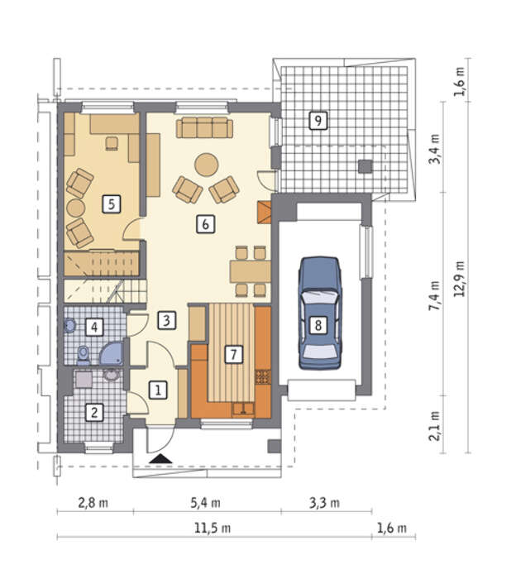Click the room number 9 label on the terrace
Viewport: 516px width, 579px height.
tap(318, 121)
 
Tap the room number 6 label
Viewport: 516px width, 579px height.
tap(206, 224)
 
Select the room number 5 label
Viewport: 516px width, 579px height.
tap(112, 203)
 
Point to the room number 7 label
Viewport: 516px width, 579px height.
tap(234, 355)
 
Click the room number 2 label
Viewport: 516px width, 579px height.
tap(94, 412)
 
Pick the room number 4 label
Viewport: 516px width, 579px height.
tap(94, 327)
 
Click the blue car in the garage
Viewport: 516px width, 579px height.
tap(319, 313)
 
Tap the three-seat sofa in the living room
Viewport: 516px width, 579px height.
tap(204, 127)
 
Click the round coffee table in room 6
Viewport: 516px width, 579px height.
tap(207, 165)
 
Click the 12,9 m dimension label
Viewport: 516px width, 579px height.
tap(459, 279)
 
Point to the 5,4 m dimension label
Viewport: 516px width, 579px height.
tap(205, 503)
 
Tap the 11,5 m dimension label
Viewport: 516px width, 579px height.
tap(213, 528)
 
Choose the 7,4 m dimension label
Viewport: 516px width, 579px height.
tap(434, 295)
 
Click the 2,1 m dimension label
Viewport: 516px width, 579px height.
tap(434, 426)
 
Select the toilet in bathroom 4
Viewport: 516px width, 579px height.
tap(84, 355)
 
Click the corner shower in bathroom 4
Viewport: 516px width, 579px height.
tap(112, 354)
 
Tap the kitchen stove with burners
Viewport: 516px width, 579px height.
tap(263, 376)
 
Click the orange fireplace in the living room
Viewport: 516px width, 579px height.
tap(264, 213)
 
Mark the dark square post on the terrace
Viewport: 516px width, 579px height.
tap(365, 166)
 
